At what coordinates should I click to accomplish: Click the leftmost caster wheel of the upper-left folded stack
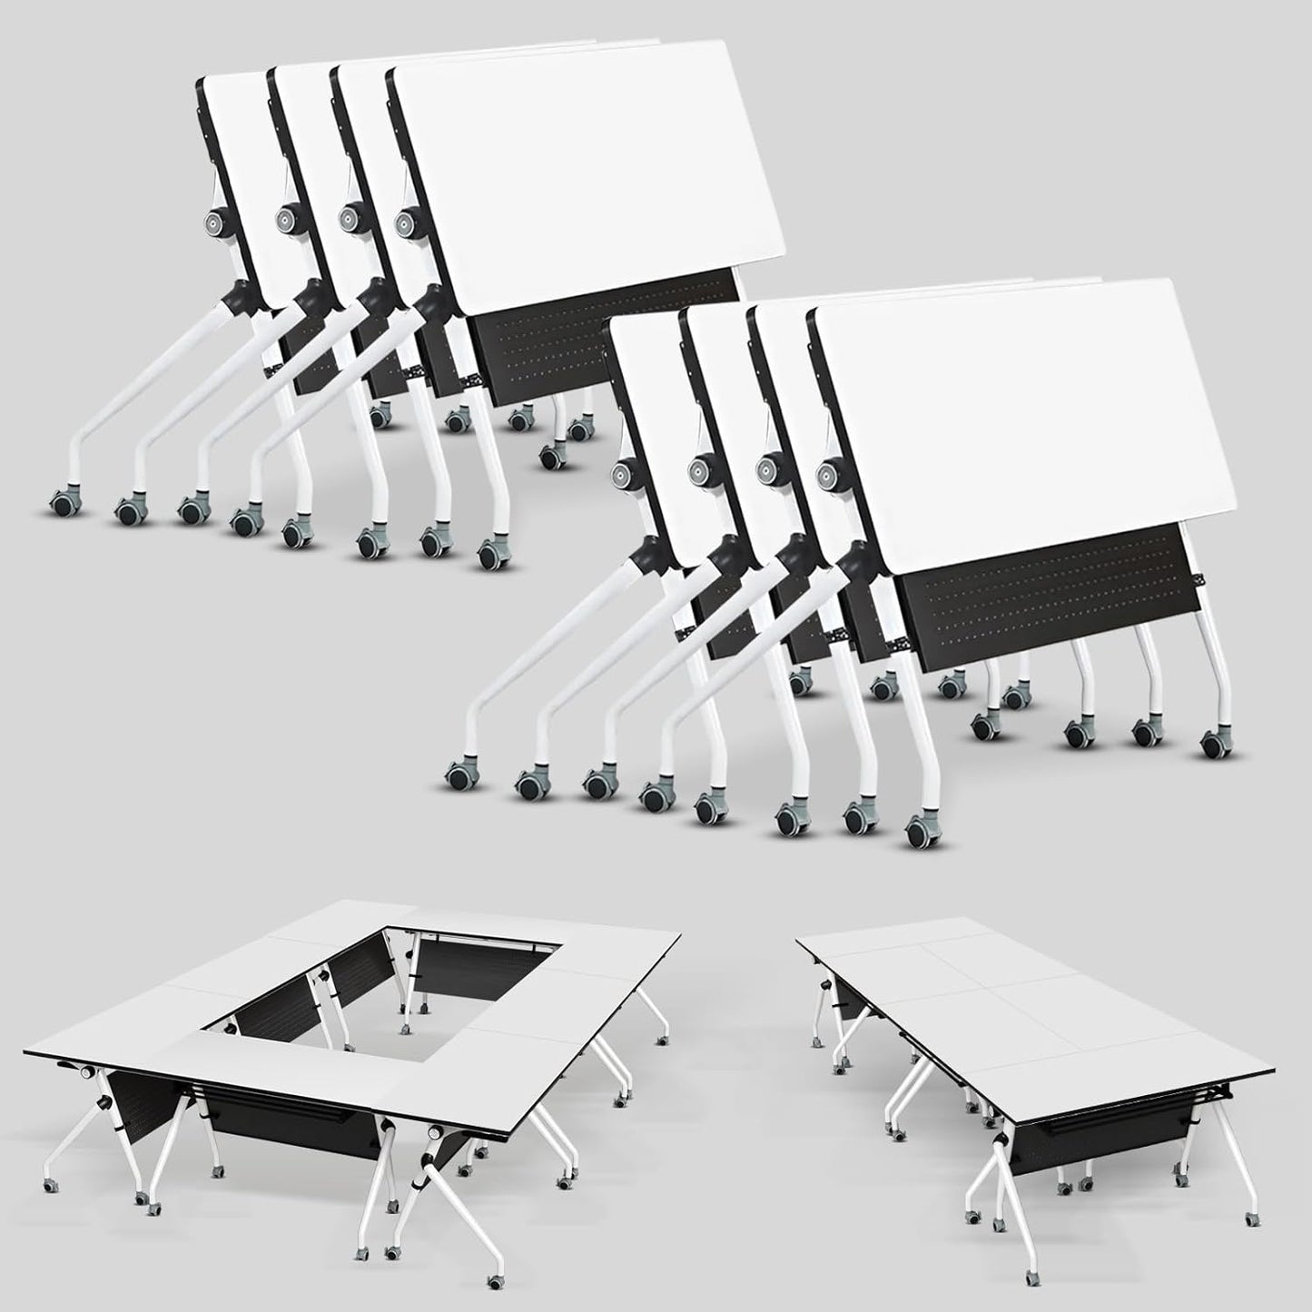coord(64,500)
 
